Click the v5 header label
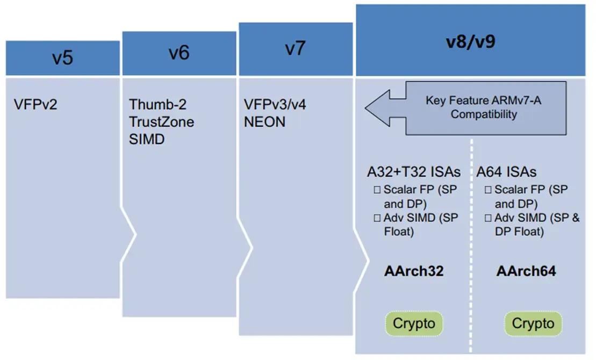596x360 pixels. click(62, 57)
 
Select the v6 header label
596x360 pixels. click(179, 53)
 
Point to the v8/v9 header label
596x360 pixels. click(470, 42)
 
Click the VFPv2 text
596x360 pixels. click(35, 104)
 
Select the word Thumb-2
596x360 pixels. click(157, 104)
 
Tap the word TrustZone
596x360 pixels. click(161, 121)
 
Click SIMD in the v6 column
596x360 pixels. click(146, 139)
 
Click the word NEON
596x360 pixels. click(264, 121)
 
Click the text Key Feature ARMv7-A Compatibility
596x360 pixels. click(484, 107)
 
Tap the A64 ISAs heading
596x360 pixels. click(506, 172)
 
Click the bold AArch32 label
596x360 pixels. click(414, 271)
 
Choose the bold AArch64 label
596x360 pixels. click(526, 271)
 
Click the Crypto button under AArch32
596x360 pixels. click(413, 324)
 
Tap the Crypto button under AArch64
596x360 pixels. click(533, 324)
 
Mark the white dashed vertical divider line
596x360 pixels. click(471, 242)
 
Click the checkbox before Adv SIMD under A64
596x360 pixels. click(488, 218)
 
